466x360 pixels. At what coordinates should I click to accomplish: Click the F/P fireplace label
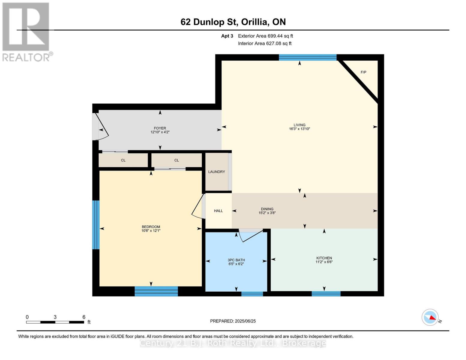tap(363, 72)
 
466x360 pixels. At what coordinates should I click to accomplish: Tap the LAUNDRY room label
tap(217, 172)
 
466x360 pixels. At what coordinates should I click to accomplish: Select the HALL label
tap(218, 211)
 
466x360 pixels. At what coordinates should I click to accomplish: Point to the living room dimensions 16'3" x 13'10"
tap(299, 129)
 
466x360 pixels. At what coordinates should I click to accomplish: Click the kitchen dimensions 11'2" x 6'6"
tap(324, 262)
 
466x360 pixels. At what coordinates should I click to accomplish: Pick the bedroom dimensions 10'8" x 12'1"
tap(151, 230)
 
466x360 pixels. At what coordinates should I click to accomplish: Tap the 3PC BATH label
tap(236, 260)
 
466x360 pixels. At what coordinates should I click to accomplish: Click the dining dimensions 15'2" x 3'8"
tap(267, 213)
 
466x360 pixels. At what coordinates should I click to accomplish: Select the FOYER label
tap(160, 128)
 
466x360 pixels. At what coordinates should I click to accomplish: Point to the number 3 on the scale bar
tap(55, 317)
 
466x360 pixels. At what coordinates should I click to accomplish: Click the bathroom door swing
tap(251, 236)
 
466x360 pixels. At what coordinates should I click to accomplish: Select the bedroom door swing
tap(198, 206)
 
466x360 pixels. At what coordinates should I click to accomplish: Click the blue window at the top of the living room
tap(308, 58)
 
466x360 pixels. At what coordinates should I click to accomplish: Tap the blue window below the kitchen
tap(326, 294)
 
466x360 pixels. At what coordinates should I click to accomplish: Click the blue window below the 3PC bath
tap(252, 294)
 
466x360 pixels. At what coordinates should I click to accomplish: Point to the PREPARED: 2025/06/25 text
tap(233, 321)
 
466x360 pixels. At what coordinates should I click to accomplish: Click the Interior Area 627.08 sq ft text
tap(265, 43)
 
